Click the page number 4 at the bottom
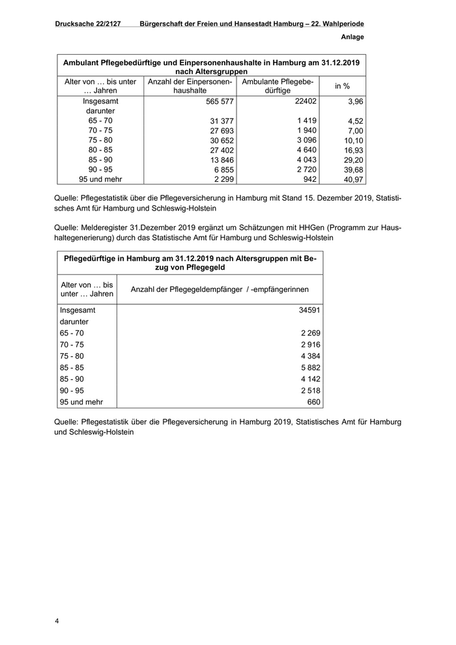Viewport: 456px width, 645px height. coord(57,621)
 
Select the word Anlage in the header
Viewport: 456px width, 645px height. coord(351,37)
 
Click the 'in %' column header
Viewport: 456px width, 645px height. coord(342,86)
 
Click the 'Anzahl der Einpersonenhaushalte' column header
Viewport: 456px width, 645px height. coord(190,86)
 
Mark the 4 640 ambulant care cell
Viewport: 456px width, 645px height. coord(306,150)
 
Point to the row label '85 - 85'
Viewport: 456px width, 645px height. coord(72,367)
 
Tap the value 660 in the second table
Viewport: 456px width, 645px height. coord(312,402)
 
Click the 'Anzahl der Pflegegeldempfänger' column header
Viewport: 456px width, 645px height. coord(220,289)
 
